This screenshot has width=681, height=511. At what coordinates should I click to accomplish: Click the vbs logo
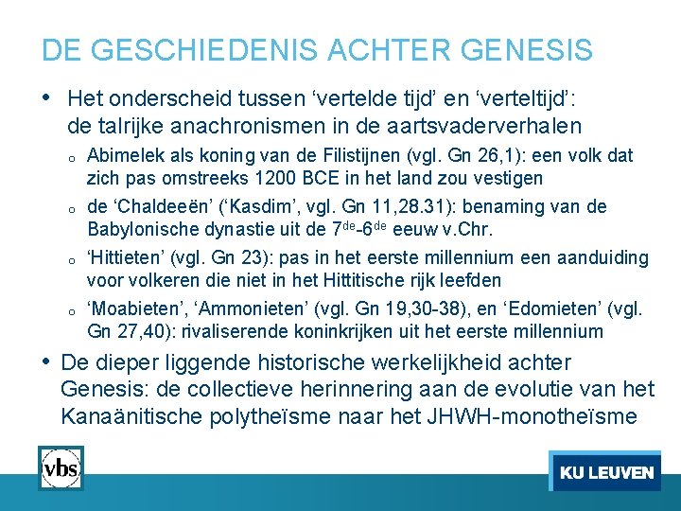61,467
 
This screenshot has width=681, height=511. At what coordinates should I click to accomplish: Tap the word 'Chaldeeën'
154,206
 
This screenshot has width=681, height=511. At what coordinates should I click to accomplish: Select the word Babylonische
141,229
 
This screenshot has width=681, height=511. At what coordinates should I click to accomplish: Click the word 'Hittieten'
121,257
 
